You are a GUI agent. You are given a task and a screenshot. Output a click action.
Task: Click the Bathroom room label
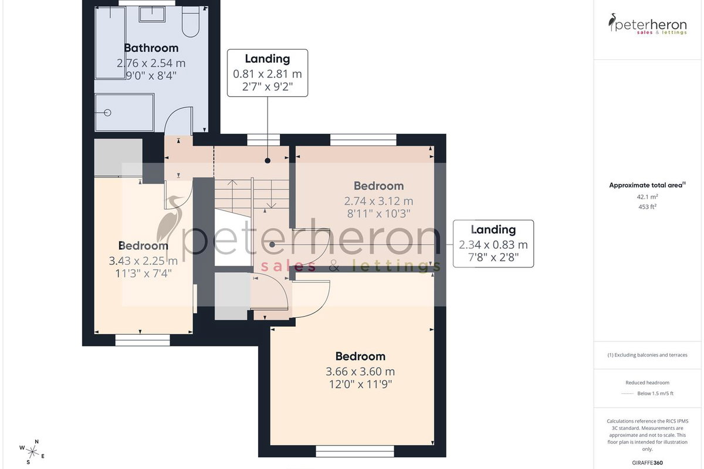click(151, 48)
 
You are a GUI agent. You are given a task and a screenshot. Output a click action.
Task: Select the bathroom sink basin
click(152, 15)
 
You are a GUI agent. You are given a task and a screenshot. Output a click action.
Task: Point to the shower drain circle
click(107, 113)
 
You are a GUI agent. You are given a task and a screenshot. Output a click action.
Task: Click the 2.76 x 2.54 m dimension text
click(151, 63)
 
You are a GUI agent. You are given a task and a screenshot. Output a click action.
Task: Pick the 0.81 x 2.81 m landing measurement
click(268, 74)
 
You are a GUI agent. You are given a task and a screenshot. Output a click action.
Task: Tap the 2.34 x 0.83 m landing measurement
click(493, 244)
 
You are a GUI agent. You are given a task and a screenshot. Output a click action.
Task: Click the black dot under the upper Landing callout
click(268, 161)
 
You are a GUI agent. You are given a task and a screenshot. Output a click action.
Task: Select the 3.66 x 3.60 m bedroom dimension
click(360, 372)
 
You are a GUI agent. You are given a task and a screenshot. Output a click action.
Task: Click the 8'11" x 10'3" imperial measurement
click(379, 214)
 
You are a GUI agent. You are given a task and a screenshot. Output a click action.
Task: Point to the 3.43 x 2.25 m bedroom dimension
click(143, 261)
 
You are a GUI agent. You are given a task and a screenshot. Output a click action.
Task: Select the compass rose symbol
click(32, 452)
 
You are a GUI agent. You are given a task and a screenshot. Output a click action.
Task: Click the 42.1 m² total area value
click(648, 197)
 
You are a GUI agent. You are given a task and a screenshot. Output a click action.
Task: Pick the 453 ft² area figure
click(648, 207)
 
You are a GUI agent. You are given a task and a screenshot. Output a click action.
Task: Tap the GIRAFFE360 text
click(648, 463)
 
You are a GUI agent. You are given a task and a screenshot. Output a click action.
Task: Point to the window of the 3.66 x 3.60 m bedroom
click(355, 451)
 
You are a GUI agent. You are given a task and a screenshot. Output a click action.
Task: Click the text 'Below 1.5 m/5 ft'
click(655, 393)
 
